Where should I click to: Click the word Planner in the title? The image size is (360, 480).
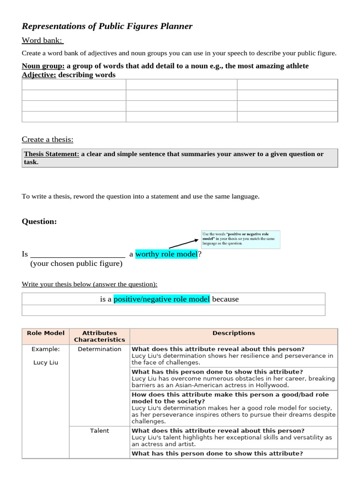[x=175, y=26]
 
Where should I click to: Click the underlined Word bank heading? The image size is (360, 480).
[x=43, y=41]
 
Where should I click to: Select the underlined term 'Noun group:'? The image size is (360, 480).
[x=43, y=66]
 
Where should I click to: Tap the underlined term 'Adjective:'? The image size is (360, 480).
[x=39, y=75]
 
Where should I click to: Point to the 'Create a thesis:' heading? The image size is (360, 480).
[x=47, y=139]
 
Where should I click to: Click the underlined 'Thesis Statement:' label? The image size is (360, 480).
[x=52, y=154]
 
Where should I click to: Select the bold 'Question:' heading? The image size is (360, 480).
[x=39, y=221]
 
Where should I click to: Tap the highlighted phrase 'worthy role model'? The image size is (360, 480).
[x=166, y=254]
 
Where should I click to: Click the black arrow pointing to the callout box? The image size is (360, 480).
[x=183, y=243]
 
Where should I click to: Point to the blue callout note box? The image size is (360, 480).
[x=240, y=239]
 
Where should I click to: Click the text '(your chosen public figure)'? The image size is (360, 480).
[x=76, y=263]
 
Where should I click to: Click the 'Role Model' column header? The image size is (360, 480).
[x=45, y=333]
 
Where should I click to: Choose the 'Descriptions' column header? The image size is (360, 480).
[x=233, y=333]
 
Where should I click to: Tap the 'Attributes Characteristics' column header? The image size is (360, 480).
[x=99, y=336]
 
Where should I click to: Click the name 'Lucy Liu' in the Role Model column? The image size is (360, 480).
[x=45, y=362]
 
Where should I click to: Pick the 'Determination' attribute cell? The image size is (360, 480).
[x=99, y=349]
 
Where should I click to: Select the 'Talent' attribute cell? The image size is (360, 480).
[x=99, y=431]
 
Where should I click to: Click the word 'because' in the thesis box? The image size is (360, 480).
[x=225, y=299]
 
